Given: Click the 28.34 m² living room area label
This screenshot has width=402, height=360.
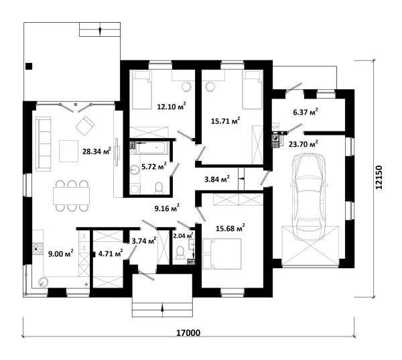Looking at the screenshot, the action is (x=96, y=151).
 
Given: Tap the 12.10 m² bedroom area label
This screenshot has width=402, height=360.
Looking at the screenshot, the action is (x=172, y=106).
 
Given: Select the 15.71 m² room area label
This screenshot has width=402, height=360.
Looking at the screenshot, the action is (x=225, y=121).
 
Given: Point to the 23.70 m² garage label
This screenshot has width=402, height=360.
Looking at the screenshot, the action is (x=304, y=144).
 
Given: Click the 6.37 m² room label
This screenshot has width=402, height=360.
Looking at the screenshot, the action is (x=306, y=111).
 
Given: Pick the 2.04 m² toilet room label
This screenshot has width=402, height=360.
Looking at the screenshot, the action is (x=183, y=235).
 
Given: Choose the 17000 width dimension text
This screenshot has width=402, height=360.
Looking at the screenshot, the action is (x=188, y=333).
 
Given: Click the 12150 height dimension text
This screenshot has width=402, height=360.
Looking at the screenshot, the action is (x=379, y=178).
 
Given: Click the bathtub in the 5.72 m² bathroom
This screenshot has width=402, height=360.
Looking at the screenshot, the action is (x=152, y=147).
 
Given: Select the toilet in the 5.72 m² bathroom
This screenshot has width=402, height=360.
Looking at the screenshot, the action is (x=159, y=188).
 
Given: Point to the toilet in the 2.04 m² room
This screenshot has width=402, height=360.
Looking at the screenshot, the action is (x=180, y=252).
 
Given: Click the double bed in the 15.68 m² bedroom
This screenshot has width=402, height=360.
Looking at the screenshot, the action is (x=222, y=254).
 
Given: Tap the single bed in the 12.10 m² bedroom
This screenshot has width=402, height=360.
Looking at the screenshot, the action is (x=141, y=90).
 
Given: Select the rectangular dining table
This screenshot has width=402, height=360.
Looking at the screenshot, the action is (x=72, y=196).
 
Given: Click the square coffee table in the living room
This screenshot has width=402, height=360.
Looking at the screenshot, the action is (x=68, y=151).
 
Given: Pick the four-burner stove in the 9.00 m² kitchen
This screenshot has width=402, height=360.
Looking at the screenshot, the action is (x=38, y=249).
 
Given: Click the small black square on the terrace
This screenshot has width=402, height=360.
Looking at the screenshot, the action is (x=29, y=66).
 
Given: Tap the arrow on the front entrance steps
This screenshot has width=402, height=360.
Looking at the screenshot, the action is (x=162, y=307).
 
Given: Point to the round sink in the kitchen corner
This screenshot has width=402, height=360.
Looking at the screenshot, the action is (x=43, y=282).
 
